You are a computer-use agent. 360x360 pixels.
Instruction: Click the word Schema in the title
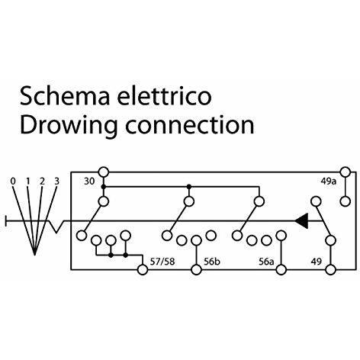pos(65,96)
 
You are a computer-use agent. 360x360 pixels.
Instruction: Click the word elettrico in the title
pos(164,96)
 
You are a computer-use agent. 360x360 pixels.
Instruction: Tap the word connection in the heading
pos(190,124)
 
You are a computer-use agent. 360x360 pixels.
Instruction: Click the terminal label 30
pos(89,182)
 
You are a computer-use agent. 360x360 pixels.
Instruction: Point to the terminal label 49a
pos(328,182)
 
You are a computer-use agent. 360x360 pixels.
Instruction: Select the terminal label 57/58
pos(162,262)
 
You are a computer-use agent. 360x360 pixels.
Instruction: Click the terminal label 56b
pos(212,262)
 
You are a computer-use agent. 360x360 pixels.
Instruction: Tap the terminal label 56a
pos(267,262)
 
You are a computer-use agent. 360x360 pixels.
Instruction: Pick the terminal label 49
pos(317,262)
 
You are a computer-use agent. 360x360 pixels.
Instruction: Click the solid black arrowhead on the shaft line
pos(301,221)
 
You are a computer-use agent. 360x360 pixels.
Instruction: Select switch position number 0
pos(13,182)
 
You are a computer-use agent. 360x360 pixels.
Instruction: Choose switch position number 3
pos(56,182)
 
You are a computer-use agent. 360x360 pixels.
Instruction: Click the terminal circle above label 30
pos(104,172)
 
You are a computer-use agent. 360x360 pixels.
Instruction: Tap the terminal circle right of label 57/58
pos(143,269)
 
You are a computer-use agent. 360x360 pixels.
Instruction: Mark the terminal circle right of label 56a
pos(281,269)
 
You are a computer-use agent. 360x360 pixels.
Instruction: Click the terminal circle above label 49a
pos(346,172)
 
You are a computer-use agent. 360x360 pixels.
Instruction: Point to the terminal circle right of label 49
pos(331,269)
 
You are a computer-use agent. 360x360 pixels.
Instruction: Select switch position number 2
pos(42,182)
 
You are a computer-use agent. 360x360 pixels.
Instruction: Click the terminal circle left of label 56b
pos(196,269)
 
